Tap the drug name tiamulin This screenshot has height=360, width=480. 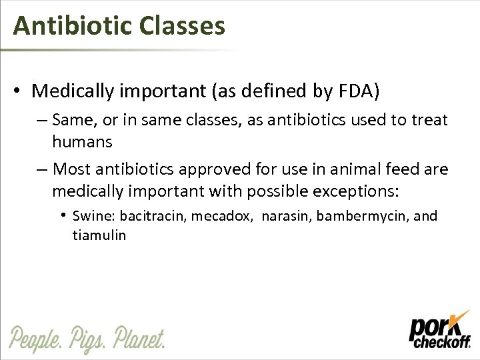[x=99, y=235]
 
